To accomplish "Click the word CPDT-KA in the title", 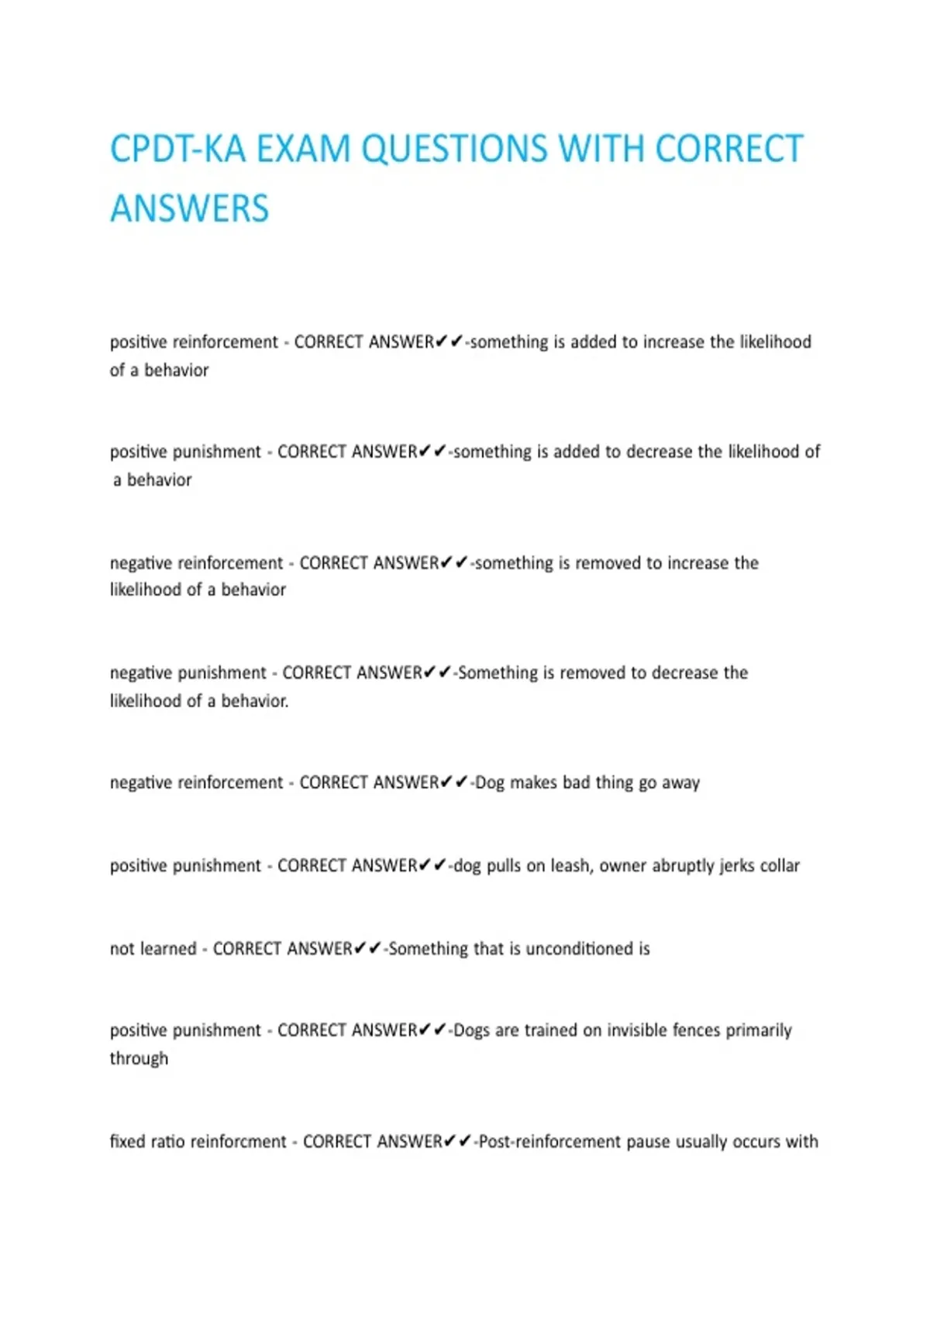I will point(178,149).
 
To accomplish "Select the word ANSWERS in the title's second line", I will point(189,208).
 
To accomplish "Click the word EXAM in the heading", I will point(303,149).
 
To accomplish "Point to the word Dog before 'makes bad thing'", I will point(490,782).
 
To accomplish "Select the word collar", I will point(779,865).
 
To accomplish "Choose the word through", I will point(139,1058).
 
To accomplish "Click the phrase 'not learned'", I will point(153,948).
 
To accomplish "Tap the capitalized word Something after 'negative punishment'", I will point(498,672).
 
